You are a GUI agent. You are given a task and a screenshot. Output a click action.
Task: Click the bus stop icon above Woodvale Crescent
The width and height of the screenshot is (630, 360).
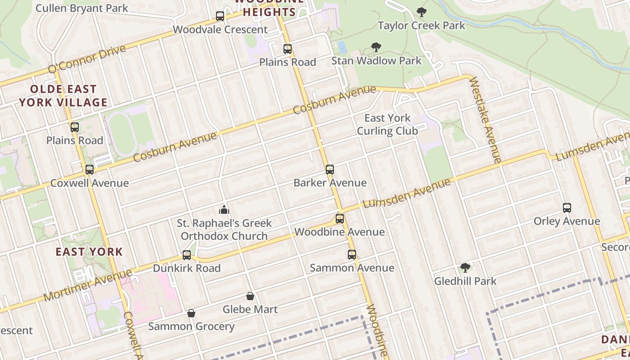point(220,16)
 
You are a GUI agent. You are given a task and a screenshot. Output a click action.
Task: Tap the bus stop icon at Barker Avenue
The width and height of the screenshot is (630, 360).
point(330,170)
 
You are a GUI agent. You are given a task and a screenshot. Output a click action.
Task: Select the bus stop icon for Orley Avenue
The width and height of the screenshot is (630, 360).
point(567,208)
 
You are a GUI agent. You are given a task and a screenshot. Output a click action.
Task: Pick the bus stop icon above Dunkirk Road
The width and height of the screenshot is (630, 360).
point(187,255)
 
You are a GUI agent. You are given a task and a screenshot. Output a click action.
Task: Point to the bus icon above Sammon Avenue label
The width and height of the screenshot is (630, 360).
point(352,255)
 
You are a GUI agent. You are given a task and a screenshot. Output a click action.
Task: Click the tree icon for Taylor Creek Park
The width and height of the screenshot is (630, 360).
point(421,12)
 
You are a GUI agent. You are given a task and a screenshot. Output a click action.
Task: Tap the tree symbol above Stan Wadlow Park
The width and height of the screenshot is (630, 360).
point(376,47)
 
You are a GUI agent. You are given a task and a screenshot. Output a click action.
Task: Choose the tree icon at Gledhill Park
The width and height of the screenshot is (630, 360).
point(465,268)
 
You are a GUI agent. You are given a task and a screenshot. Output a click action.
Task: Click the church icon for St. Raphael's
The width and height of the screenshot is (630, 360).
point(224,210)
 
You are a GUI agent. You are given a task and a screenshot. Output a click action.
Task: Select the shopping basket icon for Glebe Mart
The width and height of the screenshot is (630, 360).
point(250,296)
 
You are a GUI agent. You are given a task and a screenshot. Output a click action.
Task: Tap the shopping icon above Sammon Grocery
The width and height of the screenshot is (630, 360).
point(191,313)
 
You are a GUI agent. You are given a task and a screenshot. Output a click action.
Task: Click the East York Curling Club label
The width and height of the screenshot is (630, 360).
point(387,125)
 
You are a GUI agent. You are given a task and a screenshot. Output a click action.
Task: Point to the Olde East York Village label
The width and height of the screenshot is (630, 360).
point(63,96)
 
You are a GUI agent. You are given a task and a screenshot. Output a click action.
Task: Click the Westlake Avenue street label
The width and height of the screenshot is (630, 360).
point(486,120)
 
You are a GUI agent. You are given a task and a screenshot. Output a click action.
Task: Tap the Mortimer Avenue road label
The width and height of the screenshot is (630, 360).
point(88,285)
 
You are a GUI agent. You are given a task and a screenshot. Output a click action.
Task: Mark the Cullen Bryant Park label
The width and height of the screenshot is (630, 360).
point(81,8)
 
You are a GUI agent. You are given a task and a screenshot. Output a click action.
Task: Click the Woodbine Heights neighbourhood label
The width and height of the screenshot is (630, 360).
point(269,9)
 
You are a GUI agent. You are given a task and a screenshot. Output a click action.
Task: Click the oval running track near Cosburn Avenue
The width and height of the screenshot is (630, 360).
point(123,134)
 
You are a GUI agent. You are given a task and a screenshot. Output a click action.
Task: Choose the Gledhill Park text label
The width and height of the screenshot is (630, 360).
point(465,281)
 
